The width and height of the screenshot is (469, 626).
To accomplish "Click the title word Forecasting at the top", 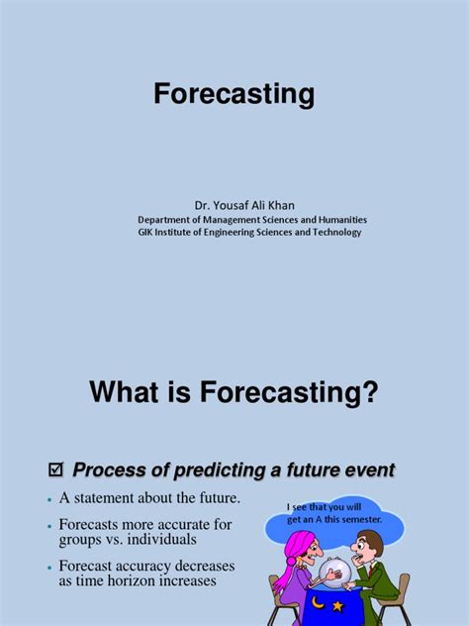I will pyautogui.click(x=234, y=95).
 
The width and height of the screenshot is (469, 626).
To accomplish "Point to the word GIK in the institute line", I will pyautogui.click(x=146, y=233).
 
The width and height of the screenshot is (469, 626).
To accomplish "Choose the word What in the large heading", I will pyautogui.click(x=126, y=393).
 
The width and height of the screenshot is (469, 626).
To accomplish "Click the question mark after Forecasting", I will pyautogui.click(x=371, y=393).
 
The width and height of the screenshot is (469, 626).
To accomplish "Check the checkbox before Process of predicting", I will pyautogui.click(x=56, y=469).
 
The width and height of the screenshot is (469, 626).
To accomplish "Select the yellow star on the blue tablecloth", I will pyautogui.click(x=339, y=604).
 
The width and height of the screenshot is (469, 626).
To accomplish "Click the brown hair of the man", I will pyautogui.click(x=366, y=539).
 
